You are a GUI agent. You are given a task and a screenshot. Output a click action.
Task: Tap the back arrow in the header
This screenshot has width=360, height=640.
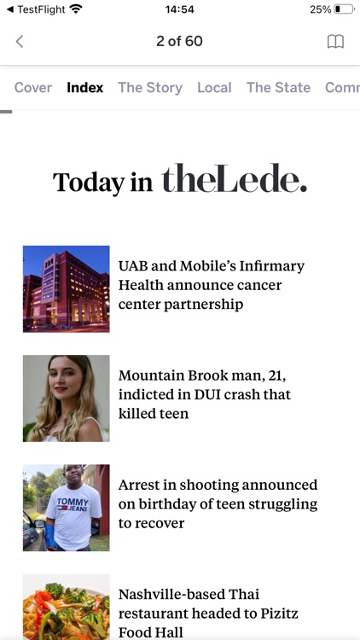click(20, 41)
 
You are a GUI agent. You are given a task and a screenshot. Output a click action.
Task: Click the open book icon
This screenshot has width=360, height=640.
click(335, 41)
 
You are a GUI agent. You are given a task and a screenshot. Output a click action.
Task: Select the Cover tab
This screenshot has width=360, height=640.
click(33, 87)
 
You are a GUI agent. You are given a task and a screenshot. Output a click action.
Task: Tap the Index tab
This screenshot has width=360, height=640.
click(85, 87)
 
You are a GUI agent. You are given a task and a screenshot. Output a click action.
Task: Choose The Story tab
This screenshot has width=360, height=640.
click(150, 87)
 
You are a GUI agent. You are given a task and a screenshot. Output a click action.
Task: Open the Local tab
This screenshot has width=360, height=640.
click(214, 87)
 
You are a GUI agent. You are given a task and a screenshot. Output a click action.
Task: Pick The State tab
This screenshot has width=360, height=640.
click(278, 87)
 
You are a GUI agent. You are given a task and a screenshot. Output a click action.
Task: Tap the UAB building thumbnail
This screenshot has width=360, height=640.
click(67, 288)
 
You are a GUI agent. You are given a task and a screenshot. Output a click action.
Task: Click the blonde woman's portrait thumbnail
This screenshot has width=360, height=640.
click(67, 398)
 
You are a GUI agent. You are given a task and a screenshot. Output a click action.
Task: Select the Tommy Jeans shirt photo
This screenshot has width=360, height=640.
click(67, 508)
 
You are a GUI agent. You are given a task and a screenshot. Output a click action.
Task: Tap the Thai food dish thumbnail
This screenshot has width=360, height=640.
click(67, 608)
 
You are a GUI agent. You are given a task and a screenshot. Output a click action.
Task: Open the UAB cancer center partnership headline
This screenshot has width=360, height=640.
click(212, 285)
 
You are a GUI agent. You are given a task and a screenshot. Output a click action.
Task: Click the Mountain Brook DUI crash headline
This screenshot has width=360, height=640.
click(205, 394)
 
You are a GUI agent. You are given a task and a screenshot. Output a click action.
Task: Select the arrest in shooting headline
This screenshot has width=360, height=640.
click(218, 503)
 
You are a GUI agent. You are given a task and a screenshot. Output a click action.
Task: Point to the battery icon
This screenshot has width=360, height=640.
click(343, 9)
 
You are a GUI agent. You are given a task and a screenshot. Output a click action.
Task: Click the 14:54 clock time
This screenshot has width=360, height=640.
click(180, 9)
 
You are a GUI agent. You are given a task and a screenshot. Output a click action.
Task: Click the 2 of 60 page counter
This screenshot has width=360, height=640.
click(179, 41)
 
